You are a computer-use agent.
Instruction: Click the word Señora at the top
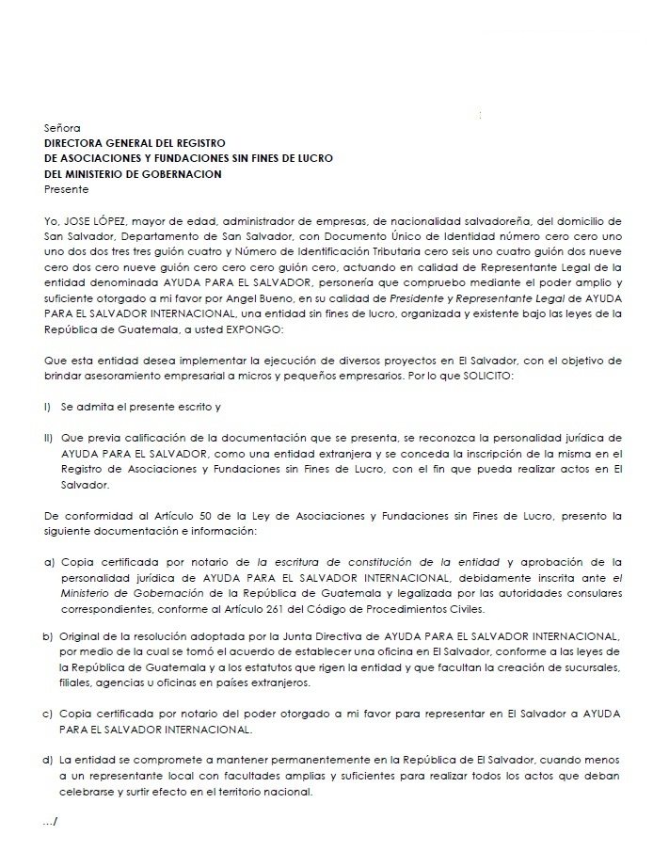tap(62, 126)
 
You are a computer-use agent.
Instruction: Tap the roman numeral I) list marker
tap(48, 408)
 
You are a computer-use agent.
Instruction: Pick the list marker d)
tap(49, 760)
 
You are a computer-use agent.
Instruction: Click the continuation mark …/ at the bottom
tap(51, 823)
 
